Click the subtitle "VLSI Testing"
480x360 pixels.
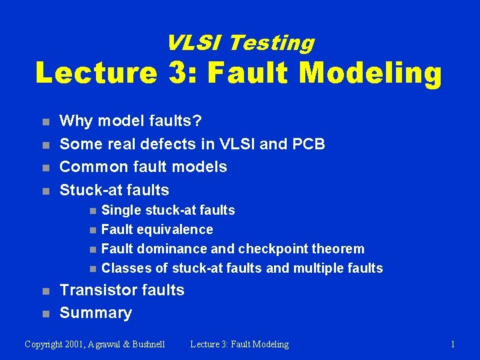(240, 43)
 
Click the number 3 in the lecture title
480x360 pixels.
(183, 73)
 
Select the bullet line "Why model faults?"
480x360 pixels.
(131, 121)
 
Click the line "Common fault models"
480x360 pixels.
(143, 167)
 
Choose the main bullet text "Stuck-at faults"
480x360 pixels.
(115, 190)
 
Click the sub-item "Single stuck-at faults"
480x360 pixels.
(168, 210)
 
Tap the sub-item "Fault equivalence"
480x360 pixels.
(157, 229)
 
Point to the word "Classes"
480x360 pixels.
(125, 268)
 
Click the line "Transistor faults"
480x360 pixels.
(122, 290)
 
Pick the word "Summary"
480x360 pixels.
(96, 313)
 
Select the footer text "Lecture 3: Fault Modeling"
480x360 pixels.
(239, 344)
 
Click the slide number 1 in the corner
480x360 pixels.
(453, 344)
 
